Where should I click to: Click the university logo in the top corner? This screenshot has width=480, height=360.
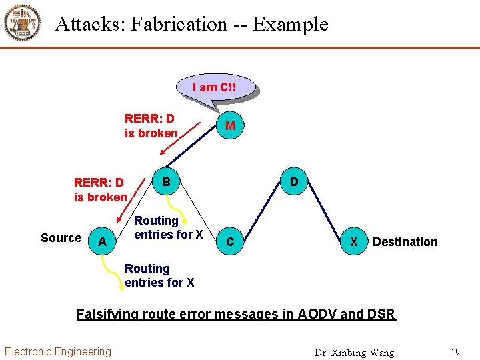pos(22,23)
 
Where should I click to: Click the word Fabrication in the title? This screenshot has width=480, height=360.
pos(179,24)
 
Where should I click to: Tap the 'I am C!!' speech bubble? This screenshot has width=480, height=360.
pos(215,87)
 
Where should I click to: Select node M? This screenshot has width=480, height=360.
pos(230,126)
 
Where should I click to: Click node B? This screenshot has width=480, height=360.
pos(167,181)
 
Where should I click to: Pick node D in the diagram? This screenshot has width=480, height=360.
pos(294,181)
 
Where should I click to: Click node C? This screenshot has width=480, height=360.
pos(230,242)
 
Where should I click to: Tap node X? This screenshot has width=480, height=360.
pos(354,241)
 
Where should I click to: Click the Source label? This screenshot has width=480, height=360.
pos(61,238)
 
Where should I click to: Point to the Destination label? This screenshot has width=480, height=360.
pos(405,242)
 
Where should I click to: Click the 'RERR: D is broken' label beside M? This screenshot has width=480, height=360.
pos(151,126)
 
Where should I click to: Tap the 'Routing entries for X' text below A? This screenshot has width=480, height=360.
pos(159,275)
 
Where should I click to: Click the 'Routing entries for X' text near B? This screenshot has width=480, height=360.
pos(169,227)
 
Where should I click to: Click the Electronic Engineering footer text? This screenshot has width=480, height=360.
pos(58,351)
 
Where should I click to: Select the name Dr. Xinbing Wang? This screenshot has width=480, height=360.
pos(354,352)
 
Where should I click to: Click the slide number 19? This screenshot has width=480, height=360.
pos(455,352)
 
